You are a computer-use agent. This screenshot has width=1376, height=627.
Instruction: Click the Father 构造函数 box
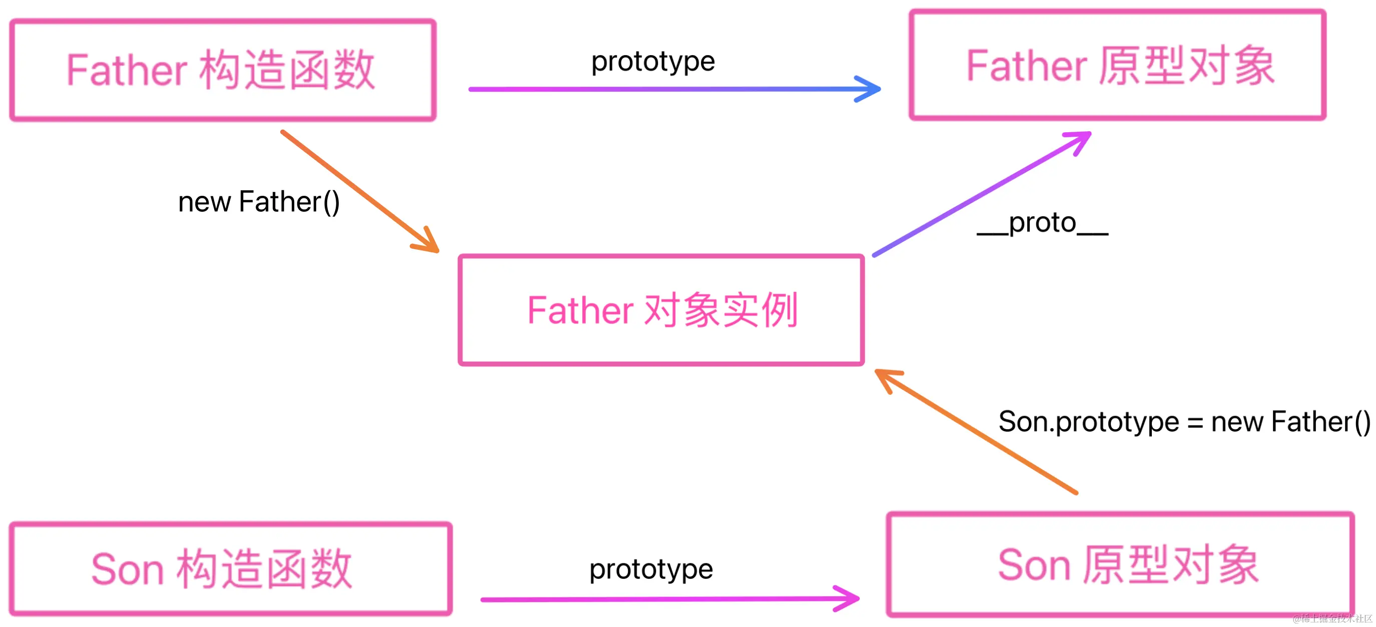[222, 70]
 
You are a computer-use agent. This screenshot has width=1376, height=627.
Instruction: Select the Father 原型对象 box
[1117, 65]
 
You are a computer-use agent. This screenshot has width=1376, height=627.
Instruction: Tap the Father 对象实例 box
[661, 310]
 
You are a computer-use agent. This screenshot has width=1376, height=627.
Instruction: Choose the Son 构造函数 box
[230, 569]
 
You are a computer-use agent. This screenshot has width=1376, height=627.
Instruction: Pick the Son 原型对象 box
[1120, 565]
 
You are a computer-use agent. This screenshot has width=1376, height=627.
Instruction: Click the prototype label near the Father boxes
[653, 61]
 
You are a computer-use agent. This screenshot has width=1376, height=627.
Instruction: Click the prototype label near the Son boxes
[650, 569]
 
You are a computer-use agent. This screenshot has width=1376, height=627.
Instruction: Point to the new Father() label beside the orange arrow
[259, 202]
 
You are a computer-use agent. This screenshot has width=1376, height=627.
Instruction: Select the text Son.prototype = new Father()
[1184, 422]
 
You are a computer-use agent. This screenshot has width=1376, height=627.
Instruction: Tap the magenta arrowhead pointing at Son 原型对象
[849, 598]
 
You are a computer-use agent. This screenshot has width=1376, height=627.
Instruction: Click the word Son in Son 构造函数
[127, 570]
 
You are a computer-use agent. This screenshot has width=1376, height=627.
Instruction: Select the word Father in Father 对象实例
[580, 310]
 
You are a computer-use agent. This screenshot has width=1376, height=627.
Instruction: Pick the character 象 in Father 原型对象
[1255, 66]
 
